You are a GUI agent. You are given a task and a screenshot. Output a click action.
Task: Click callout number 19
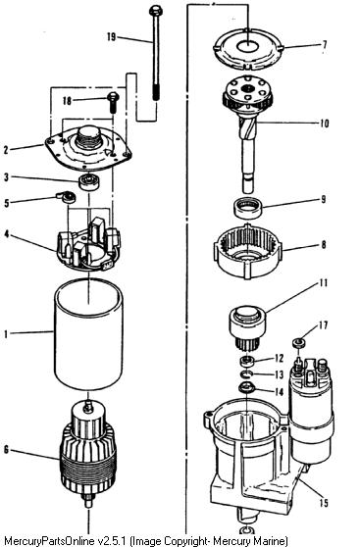tap(111, 36)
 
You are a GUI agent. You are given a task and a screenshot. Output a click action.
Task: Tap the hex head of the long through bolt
tap(155, 11)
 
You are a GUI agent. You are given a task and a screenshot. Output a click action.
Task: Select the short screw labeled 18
tap(113, 102)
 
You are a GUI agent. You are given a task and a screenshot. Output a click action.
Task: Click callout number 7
tap(325, 45)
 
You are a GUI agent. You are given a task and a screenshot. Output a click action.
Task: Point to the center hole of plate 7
tap(247, 46)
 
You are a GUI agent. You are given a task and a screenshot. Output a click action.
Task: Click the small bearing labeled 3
tap(88, 182)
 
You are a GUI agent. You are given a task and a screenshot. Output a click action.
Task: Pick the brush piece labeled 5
tap(67, 197)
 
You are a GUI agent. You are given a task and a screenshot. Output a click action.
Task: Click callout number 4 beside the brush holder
tap(7, 233)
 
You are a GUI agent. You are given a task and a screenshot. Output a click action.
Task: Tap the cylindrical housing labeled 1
tap(88, 334)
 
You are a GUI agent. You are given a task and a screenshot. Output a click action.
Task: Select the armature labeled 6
tap(88, 454)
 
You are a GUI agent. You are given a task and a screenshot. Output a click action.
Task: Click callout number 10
tap(325, 124)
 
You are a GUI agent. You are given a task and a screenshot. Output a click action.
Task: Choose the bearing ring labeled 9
tap(247, 208)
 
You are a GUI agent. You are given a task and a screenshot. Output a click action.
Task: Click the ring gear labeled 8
tap(247, 251)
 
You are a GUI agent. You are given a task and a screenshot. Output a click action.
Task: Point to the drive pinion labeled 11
tap(247, 328)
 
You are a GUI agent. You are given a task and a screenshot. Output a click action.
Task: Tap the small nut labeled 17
tap(298, 342)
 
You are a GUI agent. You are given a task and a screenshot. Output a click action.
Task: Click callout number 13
tap(279, 375)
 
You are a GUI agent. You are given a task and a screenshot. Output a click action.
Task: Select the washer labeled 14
tap(246, 387)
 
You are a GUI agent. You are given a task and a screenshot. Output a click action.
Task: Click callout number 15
tap(324, 502)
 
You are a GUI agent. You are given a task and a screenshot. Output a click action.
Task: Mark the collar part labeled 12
tap(247, 361)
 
